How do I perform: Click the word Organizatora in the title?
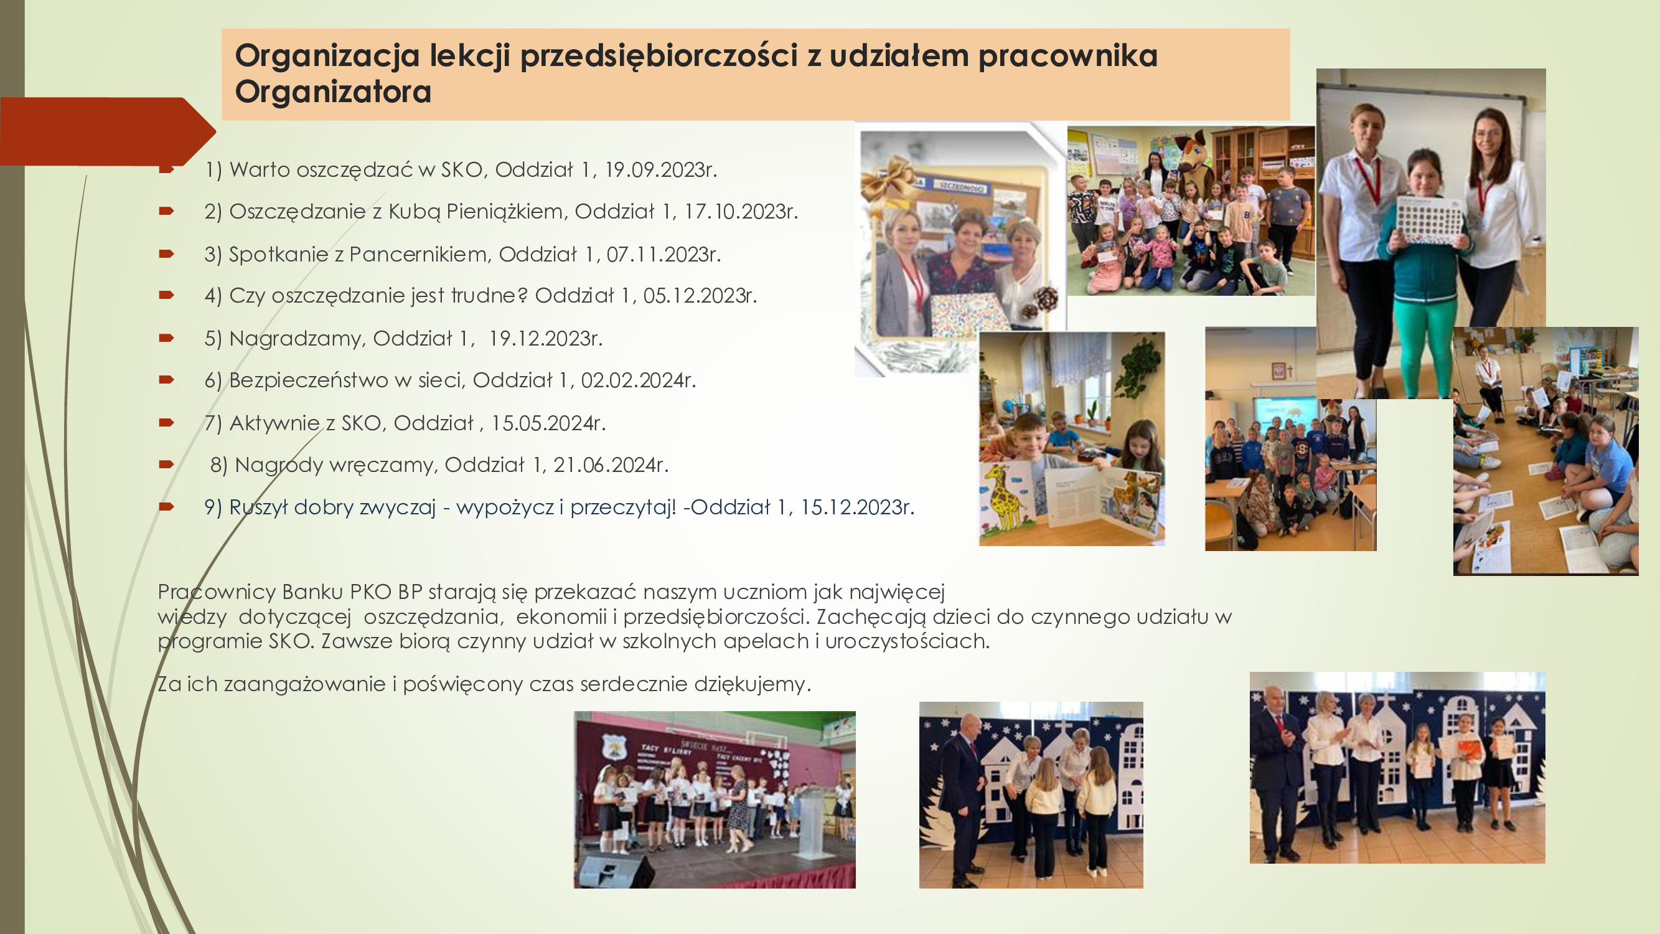pos(333,92)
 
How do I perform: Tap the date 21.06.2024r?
pos(611,465)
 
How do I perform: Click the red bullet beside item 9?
pos(166,507)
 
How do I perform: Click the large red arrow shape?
pos(106,131)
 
